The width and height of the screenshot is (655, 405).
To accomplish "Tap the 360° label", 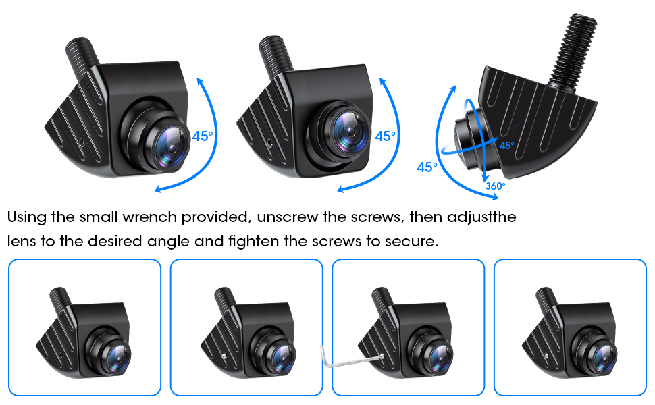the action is click(x=496, y=186).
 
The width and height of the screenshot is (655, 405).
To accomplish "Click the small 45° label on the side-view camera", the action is click(x=506, y=146).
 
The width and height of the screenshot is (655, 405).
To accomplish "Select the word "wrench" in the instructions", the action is click(x=150, y=217).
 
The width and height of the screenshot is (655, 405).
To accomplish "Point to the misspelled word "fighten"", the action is click(x=254, y=242).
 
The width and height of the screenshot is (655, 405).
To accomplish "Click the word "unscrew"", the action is click(x=288, y=217).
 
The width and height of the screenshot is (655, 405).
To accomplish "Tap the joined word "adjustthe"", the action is click(x=481, y=217).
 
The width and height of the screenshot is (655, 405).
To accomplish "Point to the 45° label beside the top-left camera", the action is click(x=203, y=136).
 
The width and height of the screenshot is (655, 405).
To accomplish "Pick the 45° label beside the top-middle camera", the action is click(x=385, y=136).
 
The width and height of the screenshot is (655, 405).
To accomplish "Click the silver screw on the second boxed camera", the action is click(x=225, y=356).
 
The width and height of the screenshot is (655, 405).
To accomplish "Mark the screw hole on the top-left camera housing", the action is click(x=82, y=142).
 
